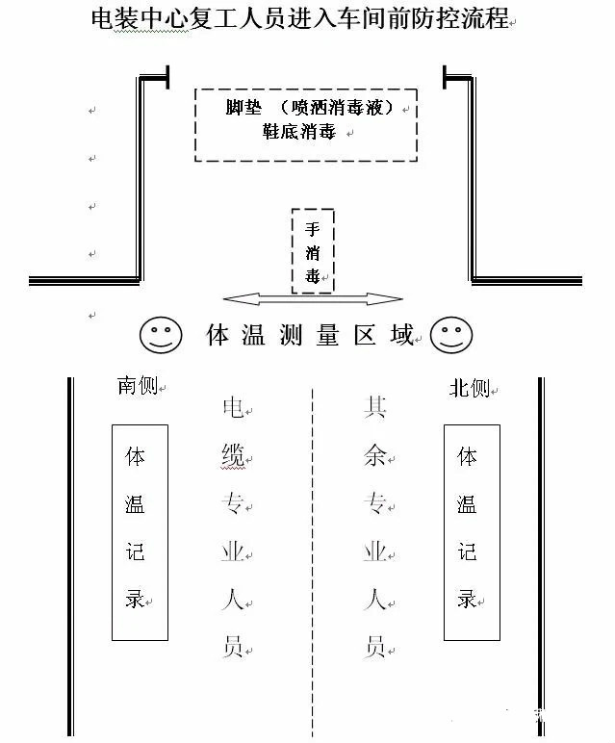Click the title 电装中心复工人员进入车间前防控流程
298,18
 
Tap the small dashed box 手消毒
313,251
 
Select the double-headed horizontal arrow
312,299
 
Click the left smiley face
161,335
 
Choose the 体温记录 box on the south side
140,531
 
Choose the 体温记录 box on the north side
471,531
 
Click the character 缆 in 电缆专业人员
233,456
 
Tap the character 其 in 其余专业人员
375,408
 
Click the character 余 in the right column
375,456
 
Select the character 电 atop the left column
233,409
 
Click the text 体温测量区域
310,335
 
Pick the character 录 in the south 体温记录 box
136,598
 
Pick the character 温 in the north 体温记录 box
467,503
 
